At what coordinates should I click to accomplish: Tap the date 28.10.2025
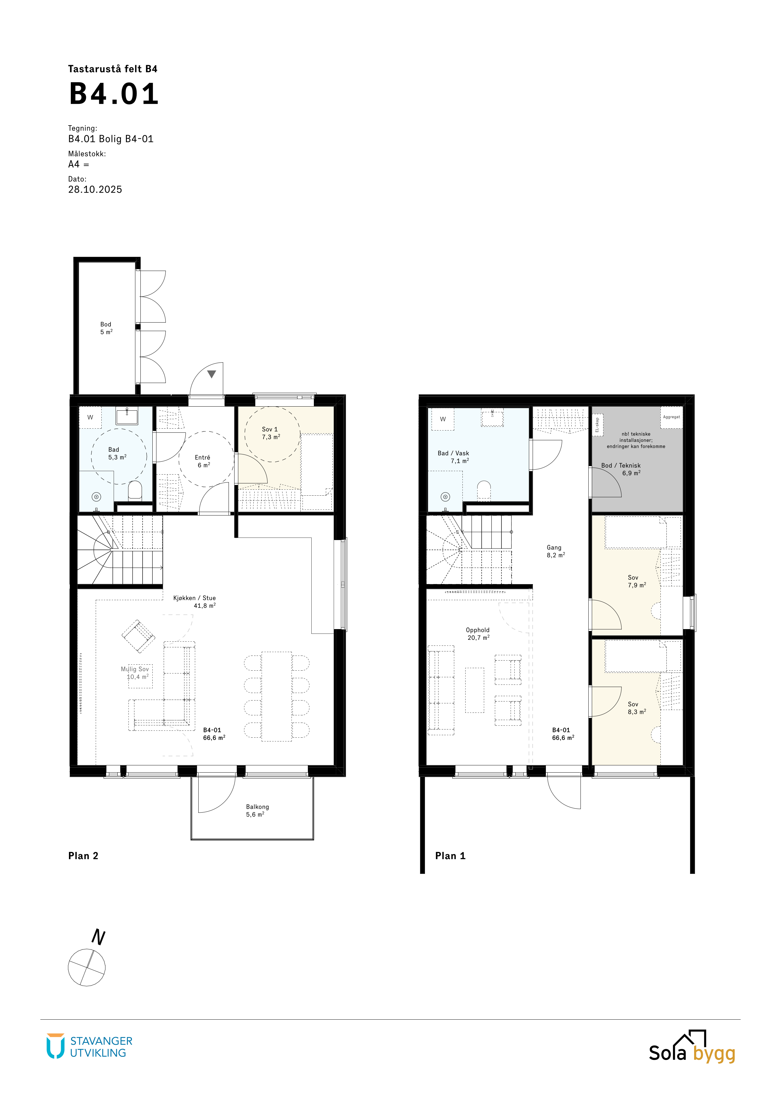[95, 189]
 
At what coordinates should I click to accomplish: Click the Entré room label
[202, 457]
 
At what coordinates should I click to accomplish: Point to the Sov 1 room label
[270, 429]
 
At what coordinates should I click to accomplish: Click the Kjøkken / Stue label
[194, 598]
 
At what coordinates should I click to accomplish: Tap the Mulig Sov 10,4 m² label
[135, 673]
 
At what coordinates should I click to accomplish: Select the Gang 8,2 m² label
[556, 551]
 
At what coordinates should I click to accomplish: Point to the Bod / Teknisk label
[621, 465]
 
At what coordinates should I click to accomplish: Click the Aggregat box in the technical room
[671, 417]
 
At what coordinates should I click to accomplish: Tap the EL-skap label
[597, 425]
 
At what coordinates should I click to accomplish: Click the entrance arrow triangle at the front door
[212, 374]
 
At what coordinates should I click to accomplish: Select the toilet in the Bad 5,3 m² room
[135, 490]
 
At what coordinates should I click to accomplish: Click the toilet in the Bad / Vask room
[484, 490]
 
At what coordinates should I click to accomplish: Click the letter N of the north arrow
[99, 937]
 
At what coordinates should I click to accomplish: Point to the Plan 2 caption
[83, 856]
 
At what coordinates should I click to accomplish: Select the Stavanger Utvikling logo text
[101, 1047]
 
